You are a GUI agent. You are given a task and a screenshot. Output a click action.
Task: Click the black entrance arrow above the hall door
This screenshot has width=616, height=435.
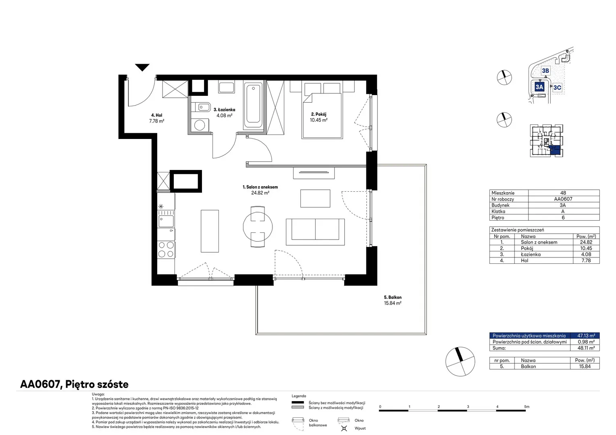coord(142,67)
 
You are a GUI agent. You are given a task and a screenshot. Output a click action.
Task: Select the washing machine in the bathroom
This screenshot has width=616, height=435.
coord(200,126)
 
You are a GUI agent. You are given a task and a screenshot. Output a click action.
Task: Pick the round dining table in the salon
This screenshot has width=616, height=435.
coord(258,227)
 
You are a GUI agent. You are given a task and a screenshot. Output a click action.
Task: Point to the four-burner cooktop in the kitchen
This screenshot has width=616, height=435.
coord(166,249)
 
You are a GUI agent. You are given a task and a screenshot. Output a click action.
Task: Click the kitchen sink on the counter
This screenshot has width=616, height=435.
coord(166,222)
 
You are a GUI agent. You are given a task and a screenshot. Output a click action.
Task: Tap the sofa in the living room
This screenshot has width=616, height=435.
coord(315,232)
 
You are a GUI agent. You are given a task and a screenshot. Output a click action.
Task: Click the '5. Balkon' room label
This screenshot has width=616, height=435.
coord(393,297)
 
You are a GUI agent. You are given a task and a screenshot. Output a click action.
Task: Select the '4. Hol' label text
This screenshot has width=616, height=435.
coord(157,116)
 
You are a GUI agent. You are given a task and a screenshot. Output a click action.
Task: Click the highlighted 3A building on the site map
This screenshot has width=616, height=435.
coord(539,87)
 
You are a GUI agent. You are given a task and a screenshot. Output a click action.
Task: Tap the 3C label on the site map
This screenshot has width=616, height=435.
coord(557,87)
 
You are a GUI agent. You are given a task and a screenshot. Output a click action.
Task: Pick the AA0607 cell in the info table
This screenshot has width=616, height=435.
coord(563,199)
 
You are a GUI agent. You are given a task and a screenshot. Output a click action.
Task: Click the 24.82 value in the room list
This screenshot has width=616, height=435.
coord(586,242)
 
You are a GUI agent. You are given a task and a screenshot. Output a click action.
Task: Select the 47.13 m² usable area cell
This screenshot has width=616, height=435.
coord(586,336)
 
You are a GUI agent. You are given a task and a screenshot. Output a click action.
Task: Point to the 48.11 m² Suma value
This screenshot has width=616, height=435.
coord(586,348)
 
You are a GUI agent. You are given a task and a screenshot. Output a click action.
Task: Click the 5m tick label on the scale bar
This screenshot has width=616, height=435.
coord(527,406)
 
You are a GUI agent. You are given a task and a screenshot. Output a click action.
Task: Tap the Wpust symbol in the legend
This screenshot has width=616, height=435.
coord(344,428)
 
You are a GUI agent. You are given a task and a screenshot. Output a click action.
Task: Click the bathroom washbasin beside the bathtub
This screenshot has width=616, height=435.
coord(227,87)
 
